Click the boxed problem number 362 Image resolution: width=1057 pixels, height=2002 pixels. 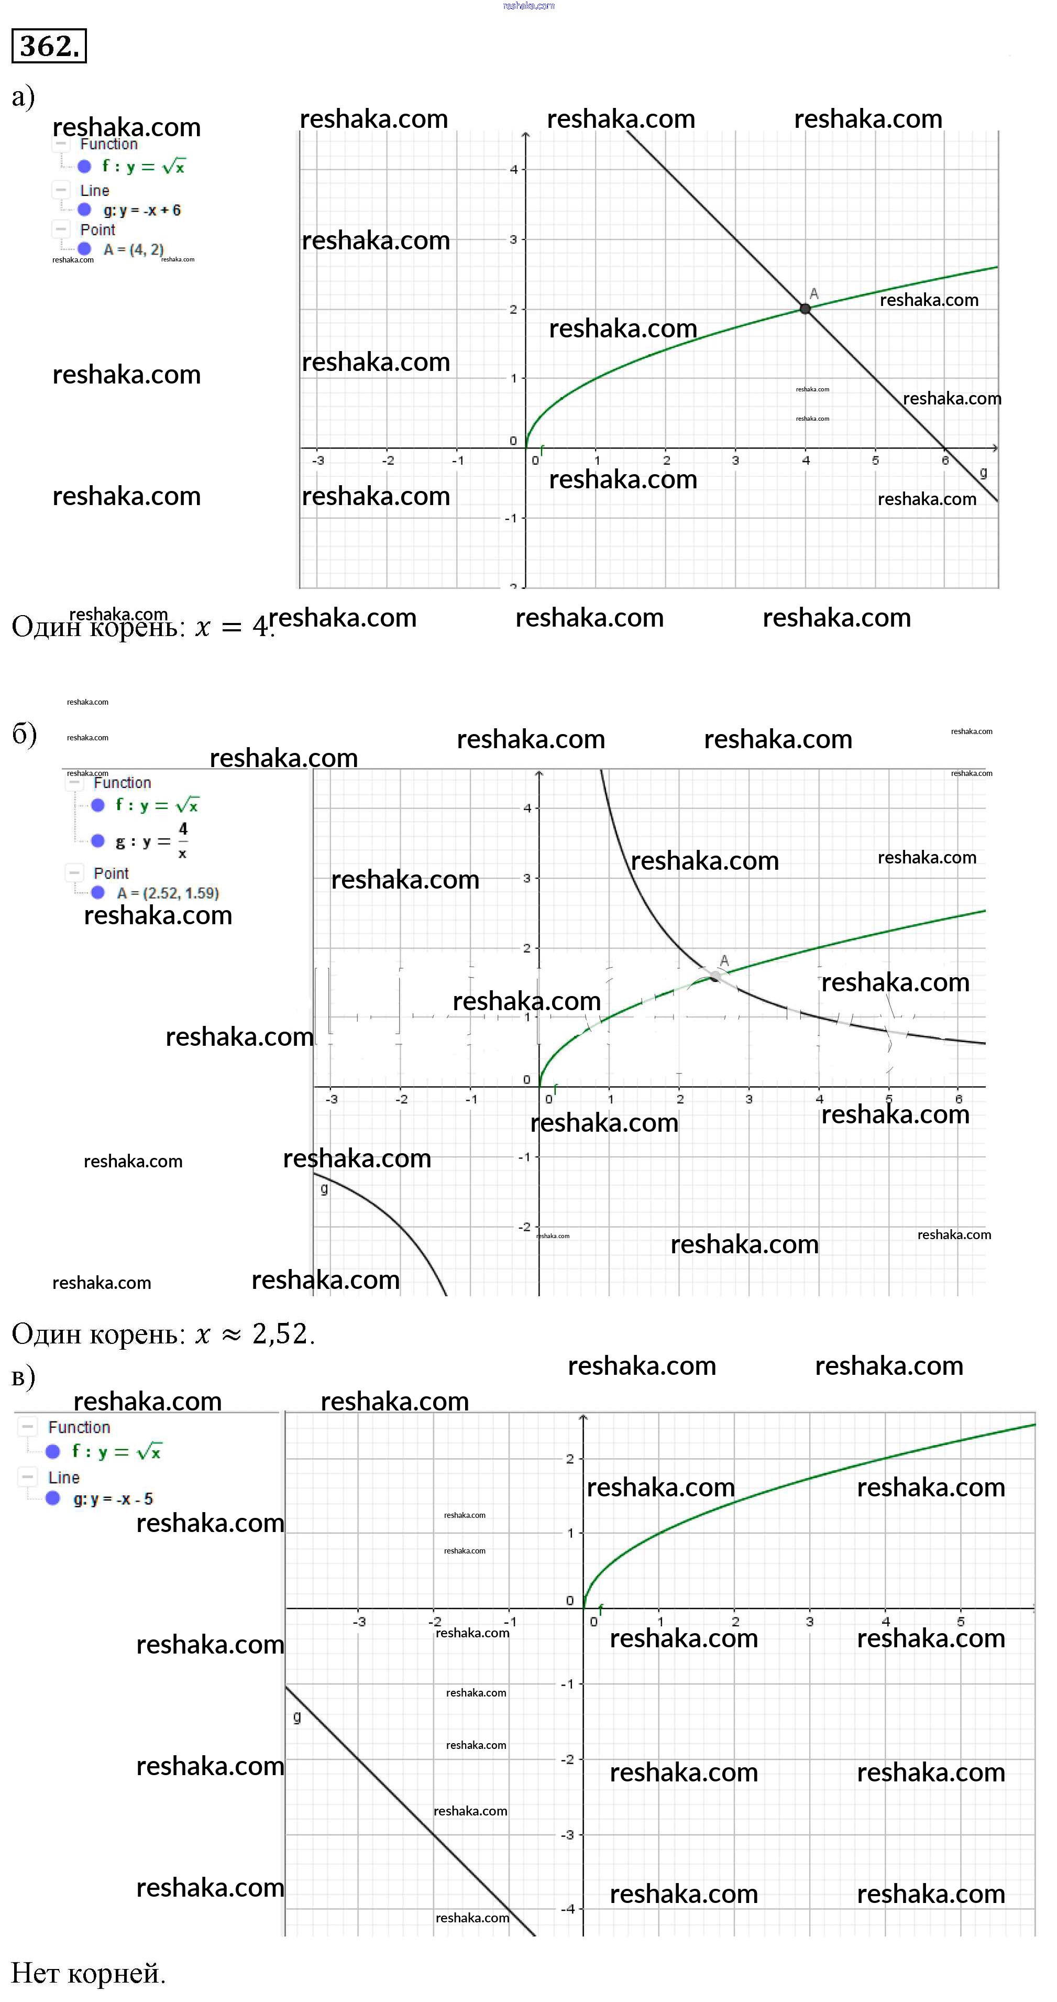click(48, 46)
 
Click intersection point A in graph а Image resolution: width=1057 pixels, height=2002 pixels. click(805, 309)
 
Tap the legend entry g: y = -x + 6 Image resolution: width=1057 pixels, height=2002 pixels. click(141, 210)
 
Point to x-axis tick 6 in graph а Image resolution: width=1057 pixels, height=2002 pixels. click(945, 460)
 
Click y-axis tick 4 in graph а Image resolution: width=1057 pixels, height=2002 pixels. click(513, 169)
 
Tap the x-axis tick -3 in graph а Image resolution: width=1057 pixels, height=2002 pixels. click(318, 460)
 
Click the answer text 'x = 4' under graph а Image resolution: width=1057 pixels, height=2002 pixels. click(232, 627)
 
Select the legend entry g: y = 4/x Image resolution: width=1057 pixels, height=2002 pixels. click(151, 841)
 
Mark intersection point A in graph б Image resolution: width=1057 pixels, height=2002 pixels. click(715, 976)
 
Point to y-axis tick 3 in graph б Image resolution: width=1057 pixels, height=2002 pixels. click(527, 878)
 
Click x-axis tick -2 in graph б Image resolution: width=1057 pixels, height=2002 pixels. click(401, 1099)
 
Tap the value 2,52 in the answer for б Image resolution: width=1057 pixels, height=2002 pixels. click(280, 1333)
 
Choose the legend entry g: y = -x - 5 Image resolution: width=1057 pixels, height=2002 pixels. click(113, 1498)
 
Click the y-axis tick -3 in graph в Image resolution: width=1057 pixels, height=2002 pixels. click(568, 1834)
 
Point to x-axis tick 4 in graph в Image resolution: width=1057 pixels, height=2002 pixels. click(885, 1621)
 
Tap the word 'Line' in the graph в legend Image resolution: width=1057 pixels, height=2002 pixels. click(64, 1478)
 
